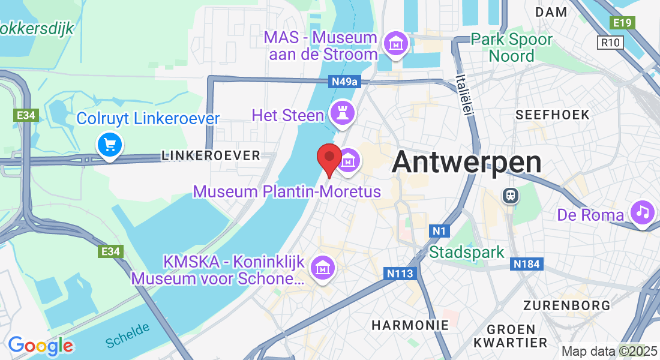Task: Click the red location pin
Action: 329,157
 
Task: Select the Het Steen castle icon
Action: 344,112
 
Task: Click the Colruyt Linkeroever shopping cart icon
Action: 110,145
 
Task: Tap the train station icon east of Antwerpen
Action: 511,196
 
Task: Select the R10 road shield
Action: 611,43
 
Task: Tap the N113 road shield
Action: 400,274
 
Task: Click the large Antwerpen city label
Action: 466,162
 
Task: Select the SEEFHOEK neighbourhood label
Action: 553,115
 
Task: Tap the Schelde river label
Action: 127,335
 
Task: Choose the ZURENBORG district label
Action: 566,305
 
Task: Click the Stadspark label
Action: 467,251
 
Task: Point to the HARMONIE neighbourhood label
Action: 410,325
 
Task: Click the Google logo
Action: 40,346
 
